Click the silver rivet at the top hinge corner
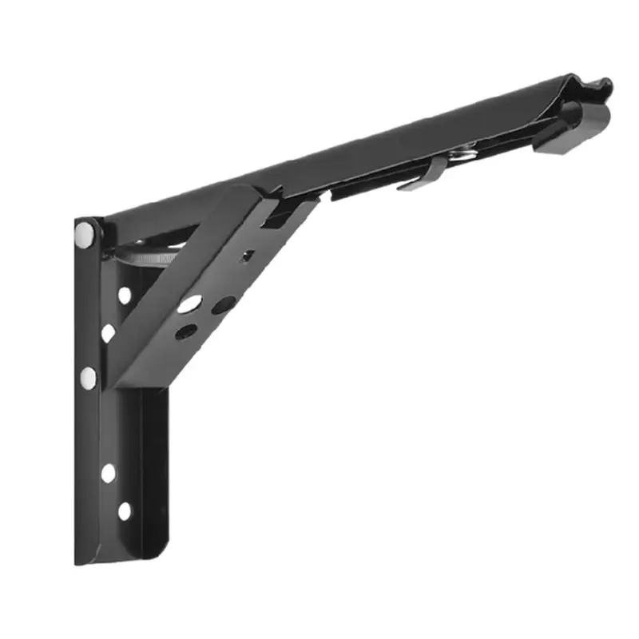pyautogui.click(x=84, y=232)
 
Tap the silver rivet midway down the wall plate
pyautogui.click(x=89, y=375)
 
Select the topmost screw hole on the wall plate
pyautogui.click(x=125, y=295)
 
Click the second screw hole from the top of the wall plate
pyautogui.click(x=107, y=332)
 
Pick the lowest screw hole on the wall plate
pyautogui.click(x=125, y=510)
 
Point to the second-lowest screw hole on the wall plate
pyautogui.click(x=108, y=473)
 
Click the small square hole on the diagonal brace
pyautogui.click(x=248, y=256)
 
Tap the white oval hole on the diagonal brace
pyautogui.click(x=189, y=304)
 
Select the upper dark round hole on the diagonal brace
pyautogui.click(x=224, y=304)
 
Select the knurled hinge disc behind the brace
pyautogui.click(x=156, y=257)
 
